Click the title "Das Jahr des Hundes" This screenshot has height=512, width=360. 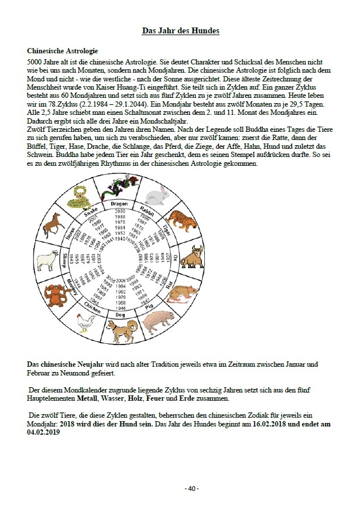coord(181,30)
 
